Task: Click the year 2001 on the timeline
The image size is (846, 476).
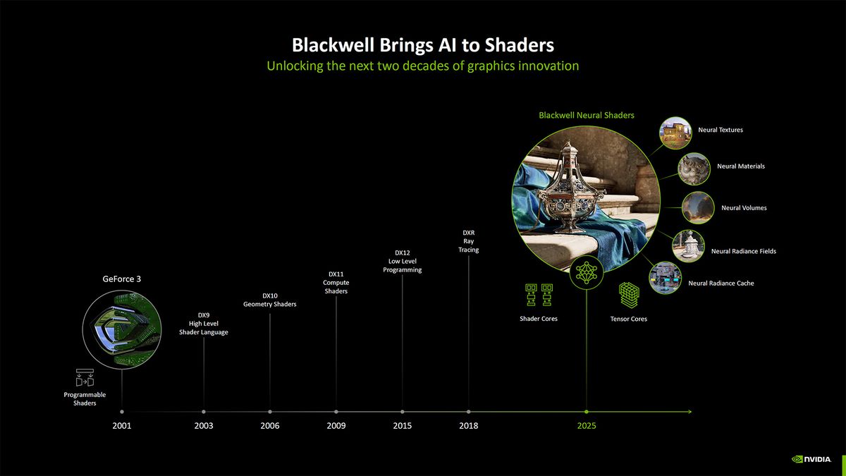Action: click(122, 425)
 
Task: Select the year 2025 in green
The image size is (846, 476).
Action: click(587, 425)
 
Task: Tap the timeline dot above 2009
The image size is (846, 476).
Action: click(336, 411)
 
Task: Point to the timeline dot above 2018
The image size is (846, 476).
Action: click(469, 411)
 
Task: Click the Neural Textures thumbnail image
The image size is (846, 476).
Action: click(675, 132)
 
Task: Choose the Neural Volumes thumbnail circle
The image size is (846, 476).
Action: click(697, 208)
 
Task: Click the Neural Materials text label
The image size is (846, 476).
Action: click(741, 166)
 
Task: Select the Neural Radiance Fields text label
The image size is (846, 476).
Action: click(744, 251)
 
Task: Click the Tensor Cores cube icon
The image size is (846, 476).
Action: click(629, 295)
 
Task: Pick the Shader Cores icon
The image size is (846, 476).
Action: click(539, 295)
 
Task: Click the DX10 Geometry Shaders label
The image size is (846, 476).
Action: click(270, 300)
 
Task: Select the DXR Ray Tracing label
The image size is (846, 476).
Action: click(469, 240)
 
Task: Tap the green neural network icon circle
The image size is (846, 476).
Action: click(587, 272)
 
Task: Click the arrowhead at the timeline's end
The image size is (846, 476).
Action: click(689, 411)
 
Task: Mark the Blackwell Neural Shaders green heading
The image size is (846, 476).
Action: click(587, 115)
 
